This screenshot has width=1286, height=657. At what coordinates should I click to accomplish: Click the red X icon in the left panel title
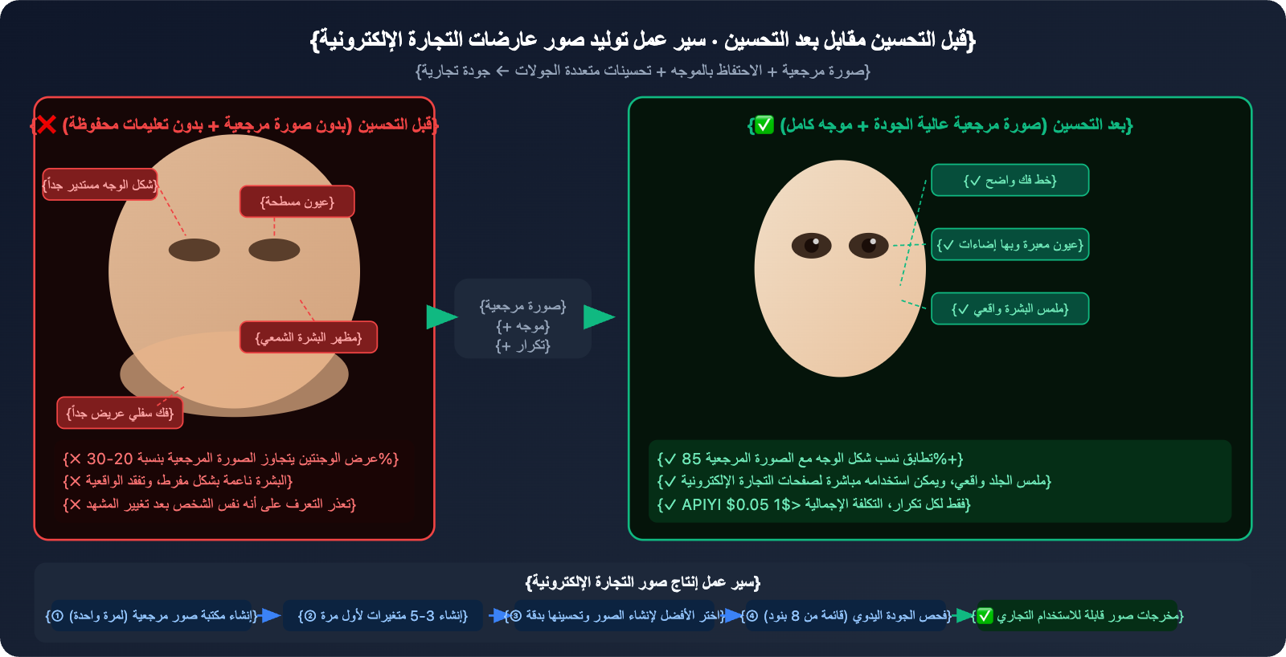47,124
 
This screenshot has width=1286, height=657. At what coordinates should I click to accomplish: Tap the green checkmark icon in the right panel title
763,124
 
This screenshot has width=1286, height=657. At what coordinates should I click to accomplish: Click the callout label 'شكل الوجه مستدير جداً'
100,185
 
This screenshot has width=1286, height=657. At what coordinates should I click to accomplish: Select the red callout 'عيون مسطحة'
297,202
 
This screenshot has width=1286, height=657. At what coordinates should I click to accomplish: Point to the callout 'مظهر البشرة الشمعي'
309,337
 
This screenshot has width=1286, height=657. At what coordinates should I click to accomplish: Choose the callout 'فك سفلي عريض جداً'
120,413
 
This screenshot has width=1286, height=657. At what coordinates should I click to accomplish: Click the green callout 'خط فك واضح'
1010,181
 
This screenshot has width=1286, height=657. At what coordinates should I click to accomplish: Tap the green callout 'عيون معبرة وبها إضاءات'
1010,245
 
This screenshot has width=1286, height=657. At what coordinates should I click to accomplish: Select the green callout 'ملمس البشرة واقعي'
1010,309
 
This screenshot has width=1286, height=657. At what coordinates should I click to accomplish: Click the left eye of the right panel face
811,245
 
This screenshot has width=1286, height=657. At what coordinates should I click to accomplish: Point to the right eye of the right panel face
869,245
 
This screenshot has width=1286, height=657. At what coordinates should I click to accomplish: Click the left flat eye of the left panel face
194,250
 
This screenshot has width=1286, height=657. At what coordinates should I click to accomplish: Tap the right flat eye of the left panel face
274,250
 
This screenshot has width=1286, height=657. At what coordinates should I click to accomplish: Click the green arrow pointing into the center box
440,317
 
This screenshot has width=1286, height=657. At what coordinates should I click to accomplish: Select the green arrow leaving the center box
598,317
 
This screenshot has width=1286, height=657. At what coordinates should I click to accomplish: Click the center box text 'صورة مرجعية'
522,306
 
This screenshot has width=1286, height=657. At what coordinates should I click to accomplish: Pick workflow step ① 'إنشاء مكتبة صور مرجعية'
152,616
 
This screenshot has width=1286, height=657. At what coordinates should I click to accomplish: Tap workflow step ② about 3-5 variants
383,616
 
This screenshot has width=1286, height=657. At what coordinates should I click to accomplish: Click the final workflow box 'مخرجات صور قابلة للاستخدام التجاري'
1077,616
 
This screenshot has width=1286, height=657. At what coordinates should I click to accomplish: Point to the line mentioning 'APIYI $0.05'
813,504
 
